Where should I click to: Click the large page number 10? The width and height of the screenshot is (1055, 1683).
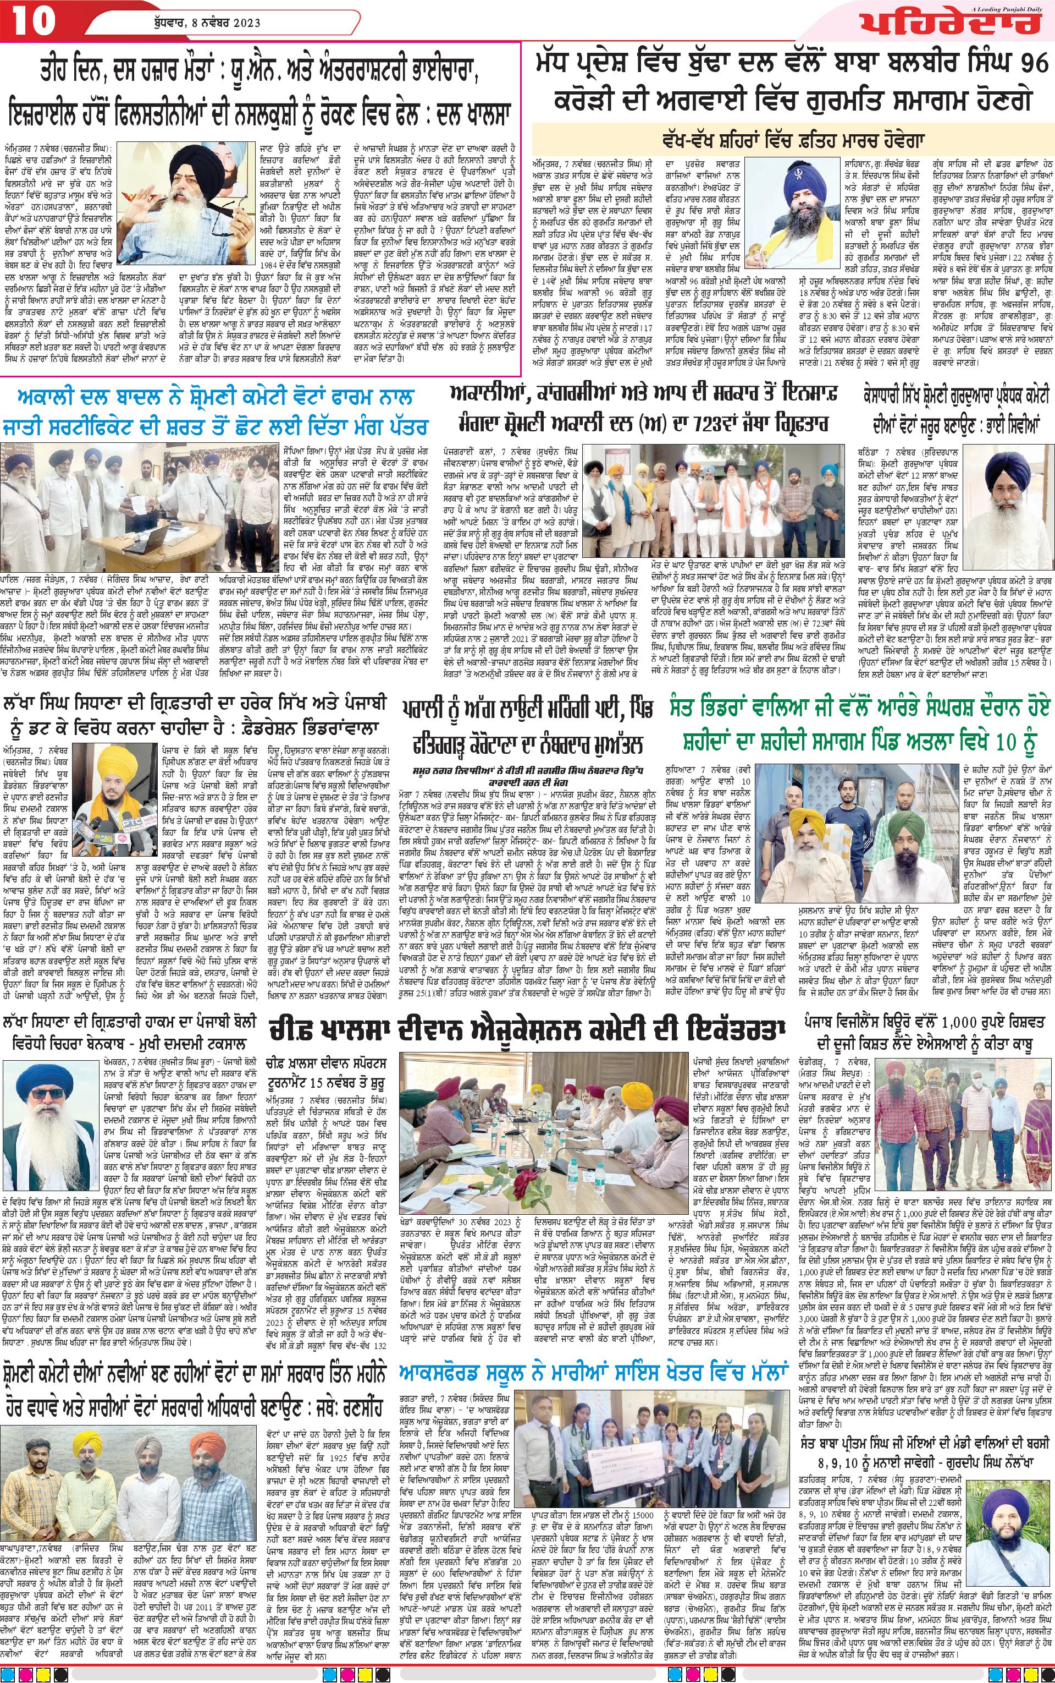click(x=31, y=21)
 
